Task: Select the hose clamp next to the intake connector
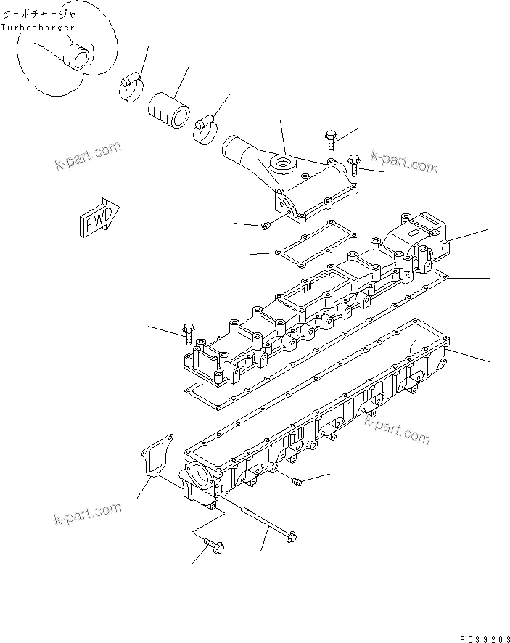click(207, 128)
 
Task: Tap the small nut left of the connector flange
click(267, 226)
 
